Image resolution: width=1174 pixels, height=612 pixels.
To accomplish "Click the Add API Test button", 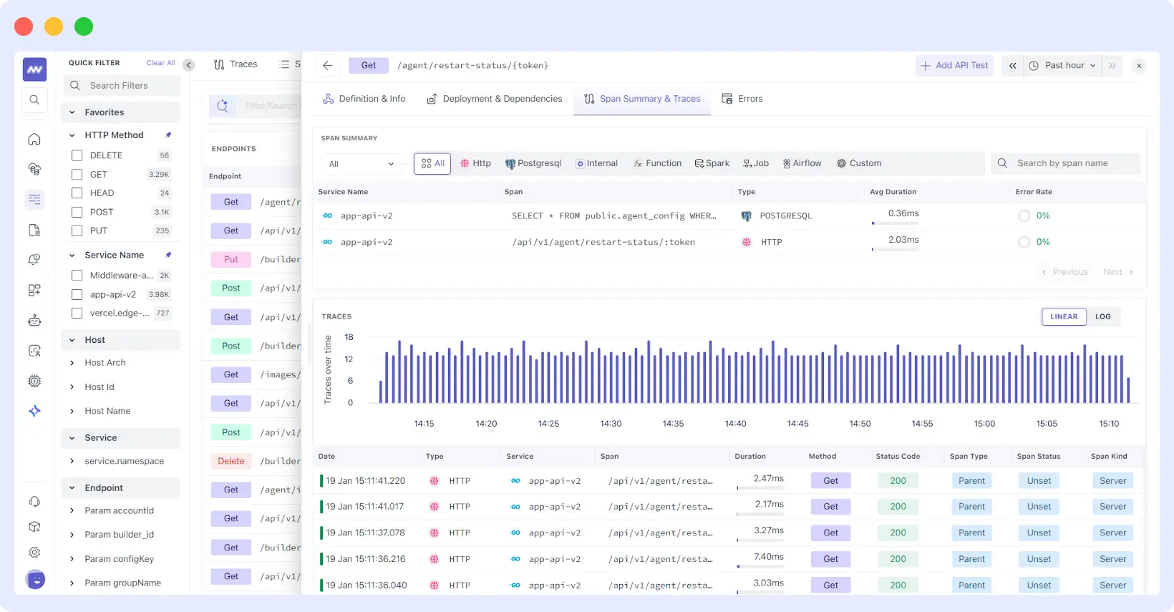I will click(954, 65).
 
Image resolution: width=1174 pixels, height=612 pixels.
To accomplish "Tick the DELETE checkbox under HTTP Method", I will click(77, 155).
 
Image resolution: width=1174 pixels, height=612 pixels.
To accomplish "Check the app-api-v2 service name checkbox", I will click(77, 294).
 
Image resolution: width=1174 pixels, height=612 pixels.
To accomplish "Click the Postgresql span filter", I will click(533, 163).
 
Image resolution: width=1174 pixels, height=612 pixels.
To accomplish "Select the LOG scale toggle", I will click(1102, 316).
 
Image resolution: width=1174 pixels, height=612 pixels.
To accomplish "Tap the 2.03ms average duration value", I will click(903, 240).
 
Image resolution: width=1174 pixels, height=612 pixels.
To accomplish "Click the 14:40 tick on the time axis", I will click(735, 424).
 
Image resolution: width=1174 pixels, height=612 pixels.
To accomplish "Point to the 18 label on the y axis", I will click(349, 337).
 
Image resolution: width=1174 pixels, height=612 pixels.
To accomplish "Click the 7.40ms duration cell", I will click(768, 557).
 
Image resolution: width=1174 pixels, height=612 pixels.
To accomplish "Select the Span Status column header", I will click(1038, 456).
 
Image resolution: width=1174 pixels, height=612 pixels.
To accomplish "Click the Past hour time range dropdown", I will click(1063, 65).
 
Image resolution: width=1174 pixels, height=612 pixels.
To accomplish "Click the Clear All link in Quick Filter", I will click(160, 63).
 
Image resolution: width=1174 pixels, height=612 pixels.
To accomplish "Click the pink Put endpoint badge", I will click(231, 259).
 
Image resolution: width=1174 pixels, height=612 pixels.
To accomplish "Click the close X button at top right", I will click(1139, 66).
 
